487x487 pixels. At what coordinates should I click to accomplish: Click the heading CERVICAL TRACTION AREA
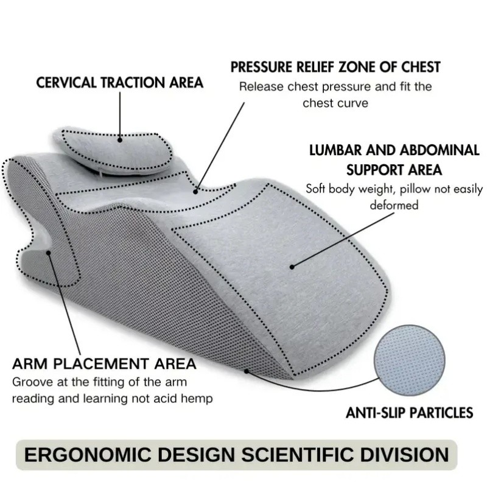click(119, 83)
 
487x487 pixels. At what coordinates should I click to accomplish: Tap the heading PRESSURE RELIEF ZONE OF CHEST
click(335, 67)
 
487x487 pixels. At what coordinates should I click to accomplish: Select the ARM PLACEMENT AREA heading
click(104, 363)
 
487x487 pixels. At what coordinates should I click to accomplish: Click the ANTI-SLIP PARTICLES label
click(409, 413)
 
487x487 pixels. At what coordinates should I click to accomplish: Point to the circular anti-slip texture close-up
click(409, 360)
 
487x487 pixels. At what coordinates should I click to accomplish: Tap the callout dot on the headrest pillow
click(120, 140)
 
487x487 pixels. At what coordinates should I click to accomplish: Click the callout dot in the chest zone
click(195, 192)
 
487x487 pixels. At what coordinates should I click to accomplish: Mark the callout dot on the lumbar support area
click(292, 267)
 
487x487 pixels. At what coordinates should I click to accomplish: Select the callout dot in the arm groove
click(49, 253)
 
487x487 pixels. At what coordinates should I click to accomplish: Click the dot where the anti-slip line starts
click(247, 371)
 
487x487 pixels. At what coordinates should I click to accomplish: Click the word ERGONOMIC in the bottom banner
click(88, 455)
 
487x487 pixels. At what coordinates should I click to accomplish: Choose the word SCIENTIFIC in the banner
click(298, 455)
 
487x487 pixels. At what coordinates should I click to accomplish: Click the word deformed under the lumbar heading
click(394, 205)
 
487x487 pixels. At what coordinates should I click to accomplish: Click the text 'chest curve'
click(335, 103)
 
